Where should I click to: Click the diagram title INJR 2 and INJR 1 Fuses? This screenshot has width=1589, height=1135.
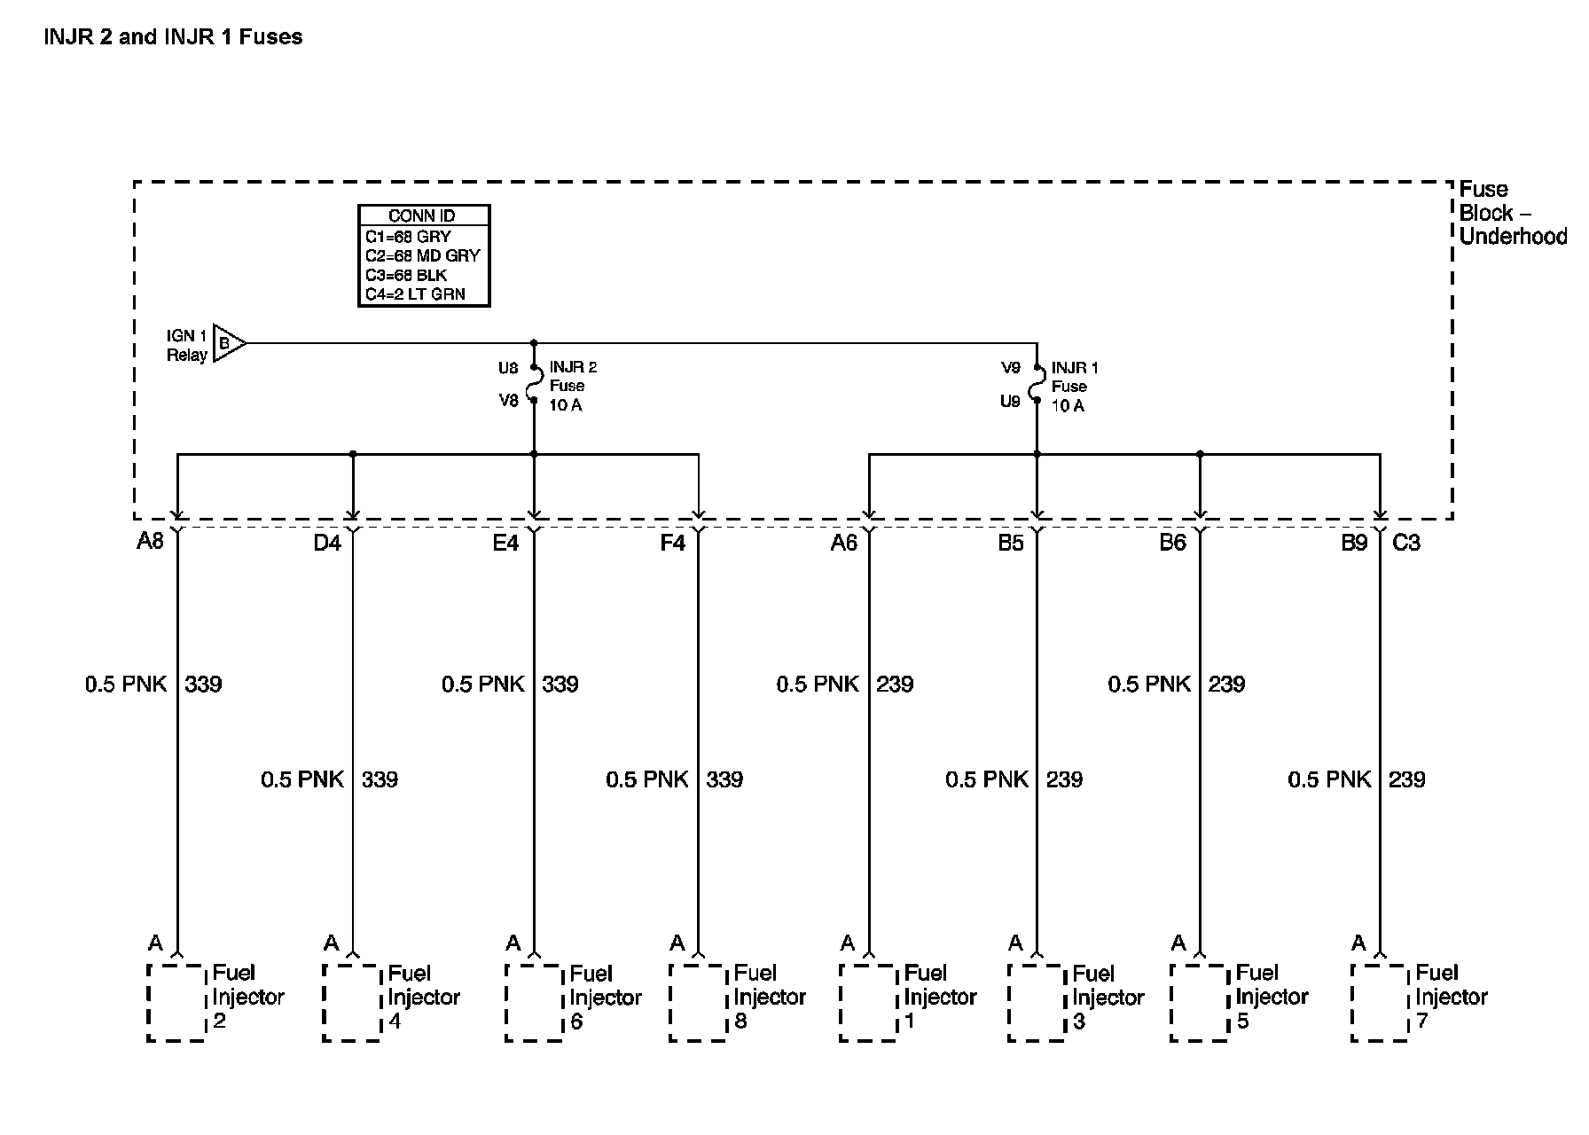point(173,37)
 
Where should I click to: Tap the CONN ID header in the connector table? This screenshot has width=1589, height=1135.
point(423,216)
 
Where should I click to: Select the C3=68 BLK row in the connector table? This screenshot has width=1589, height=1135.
point(406,275)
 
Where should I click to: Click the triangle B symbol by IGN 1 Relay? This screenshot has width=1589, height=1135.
point(228,343)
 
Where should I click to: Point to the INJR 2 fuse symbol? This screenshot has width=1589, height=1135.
point(534,384)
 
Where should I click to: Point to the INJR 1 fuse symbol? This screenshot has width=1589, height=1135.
point(1036,385)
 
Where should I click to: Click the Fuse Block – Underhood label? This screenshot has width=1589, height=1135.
point(1510,213)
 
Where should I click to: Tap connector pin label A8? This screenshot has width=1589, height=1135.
point(150,541)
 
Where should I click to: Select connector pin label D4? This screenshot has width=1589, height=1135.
point(327,543)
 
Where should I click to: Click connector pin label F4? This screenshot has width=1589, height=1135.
point(672,543)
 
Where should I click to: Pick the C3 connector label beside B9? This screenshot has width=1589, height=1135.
point(1406,543)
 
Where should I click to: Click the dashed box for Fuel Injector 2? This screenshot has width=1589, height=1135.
point(176,1002)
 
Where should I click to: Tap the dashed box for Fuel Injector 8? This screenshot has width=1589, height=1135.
point(698,1002)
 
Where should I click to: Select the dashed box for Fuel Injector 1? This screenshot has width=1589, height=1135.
point(868,1002)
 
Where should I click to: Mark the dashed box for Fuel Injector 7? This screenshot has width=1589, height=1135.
point(1380,1002)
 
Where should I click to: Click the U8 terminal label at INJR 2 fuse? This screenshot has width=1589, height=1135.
point(508,368)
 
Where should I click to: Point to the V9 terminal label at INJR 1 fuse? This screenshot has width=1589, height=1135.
point(1011,368)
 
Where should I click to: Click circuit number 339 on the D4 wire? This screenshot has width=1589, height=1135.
point(380,779)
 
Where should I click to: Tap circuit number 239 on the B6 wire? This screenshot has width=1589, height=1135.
point(1226,684)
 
